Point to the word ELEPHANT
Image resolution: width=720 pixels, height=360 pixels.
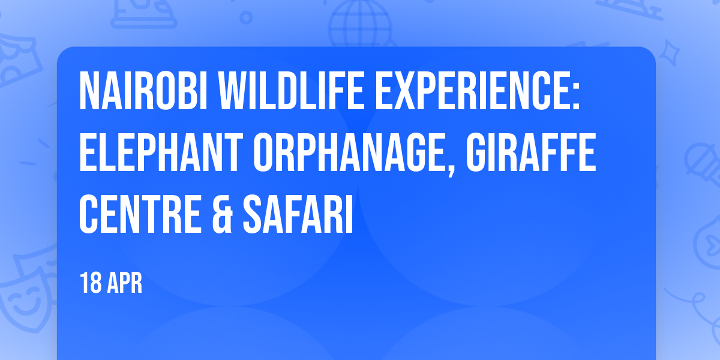pyautogui.click(x=161, y=152)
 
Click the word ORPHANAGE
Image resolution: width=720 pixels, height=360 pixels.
pyautogui.click(x=350, y=152)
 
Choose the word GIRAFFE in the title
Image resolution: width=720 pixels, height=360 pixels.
pyautogui.click(x=531, y=152)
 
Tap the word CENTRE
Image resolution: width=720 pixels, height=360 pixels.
pyautogui.click(x=140, y=214)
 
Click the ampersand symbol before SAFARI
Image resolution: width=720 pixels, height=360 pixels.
pyautogui.click(x=222, y=214)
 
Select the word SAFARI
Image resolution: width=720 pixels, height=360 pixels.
pyautogui.click(x=298, y=214)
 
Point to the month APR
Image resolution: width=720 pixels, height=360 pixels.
pyautogui.click(x=124, y=283)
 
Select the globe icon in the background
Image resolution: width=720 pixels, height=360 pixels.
pyautogui.click(x=360, y=24)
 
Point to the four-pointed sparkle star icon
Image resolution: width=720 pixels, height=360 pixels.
pyautogui.click(x=669, y=53)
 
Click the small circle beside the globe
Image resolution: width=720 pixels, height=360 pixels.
pyautogui.click(x=246, y=17)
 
